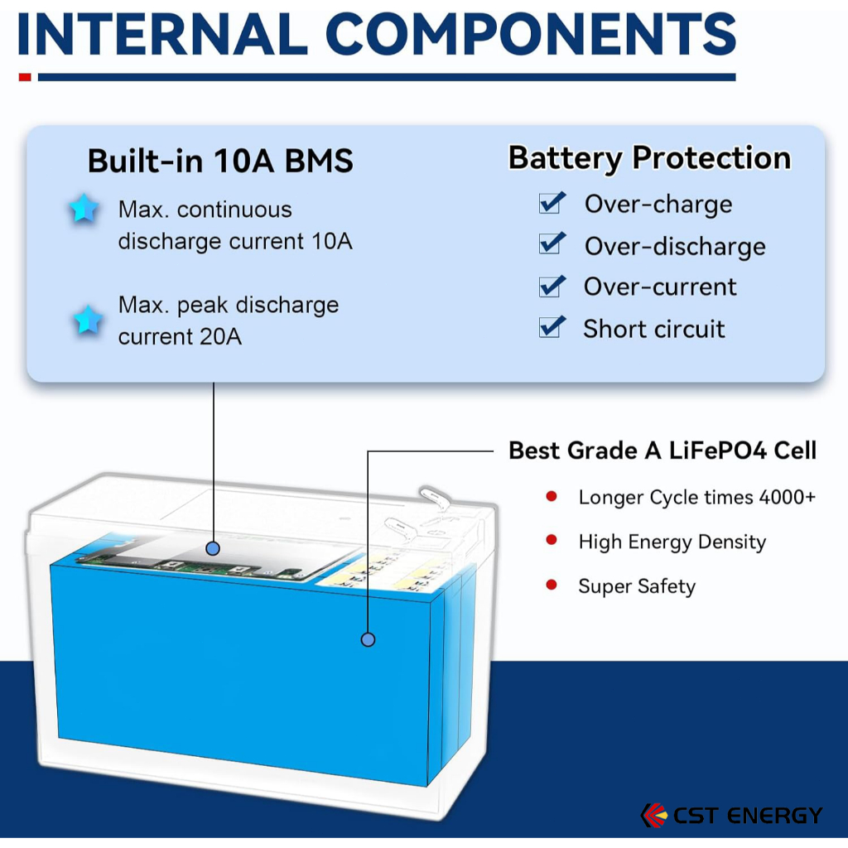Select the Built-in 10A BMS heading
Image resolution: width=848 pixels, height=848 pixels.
click(x=220, y=161)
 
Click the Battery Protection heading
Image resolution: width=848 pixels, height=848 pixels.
click(x=649, y=157)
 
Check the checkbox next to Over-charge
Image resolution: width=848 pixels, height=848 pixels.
click(x=552, y=202)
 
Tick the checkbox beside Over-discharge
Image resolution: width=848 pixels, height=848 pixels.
click(x=552, y=243)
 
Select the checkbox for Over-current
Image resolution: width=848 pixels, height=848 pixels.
click(x=552, y=286)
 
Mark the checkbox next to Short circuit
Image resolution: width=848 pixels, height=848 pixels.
click(x=552, y=326)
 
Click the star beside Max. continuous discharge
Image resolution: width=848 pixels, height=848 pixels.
click(x=84, y=210)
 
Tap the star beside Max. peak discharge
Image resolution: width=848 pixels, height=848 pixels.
click(x=88, y=319)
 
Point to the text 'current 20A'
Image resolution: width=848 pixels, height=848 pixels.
click(x=180, y=337)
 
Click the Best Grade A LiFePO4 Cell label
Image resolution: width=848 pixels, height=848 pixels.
click(x=662, y=450)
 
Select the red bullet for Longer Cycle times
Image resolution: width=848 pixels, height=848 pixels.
click(x=552, y=496)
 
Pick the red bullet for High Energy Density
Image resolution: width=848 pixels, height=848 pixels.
click(x=552, y=541)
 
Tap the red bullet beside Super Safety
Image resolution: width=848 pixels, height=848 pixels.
click(x=552, y=585)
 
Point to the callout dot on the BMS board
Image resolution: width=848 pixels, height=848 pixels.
click(x=213, y=548)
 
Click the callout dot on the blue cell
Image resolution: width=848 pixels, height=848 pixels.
click(x=369, y=639)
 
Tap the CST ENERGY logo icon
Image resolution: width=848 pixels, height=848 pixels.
click(x=653, y=815)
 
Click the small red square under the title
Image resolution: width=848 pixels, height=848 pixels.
click(x=25, y=77)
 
